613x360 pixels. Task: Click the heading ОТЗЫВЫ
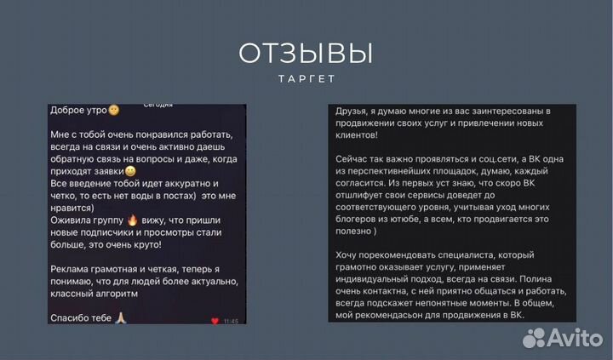[x=306, y=54]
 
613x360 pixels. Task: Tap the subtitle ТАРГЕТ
[x=306, y=79]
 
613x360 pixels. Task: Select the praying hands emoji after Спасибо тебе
[x=121, y=317]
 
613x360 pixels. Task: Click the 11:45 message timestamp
[x=232, y=322]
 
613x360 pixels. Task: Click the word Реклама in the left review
[x=72, y=268]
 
